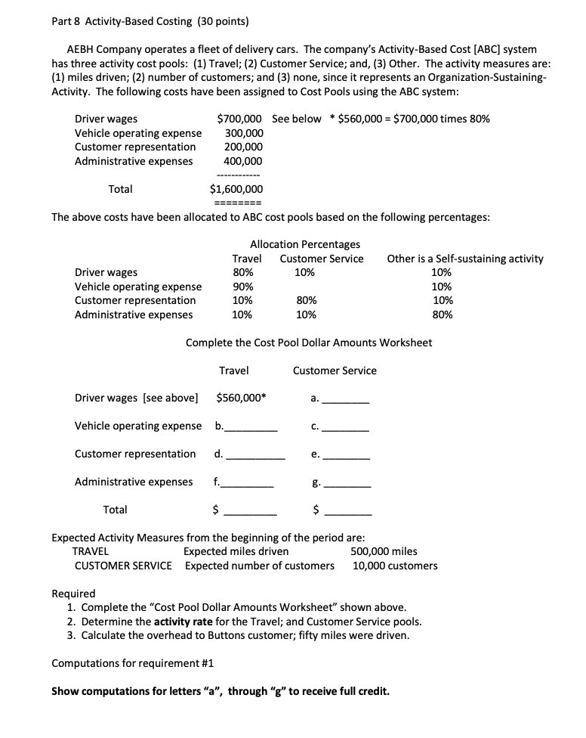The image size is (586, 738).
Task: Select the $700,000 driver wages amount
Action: [x=239, y=119]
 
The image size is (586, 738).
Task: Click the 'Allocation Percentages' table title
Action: [x=304, y=244]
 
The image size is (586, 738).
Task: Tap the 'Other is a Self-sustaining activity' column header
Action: [x=464, y=259]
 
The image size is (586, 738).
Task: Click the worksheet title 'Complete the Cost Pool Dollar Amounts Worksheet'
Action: [x=309, y=343]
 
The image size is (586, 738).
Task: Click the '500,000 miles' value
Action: [x=384, y=551]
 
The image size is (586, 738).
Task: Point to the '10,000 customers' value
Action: [x=394, y=566]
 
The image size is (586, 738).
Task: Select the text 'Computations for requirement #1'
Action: [x=132, y=663]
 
